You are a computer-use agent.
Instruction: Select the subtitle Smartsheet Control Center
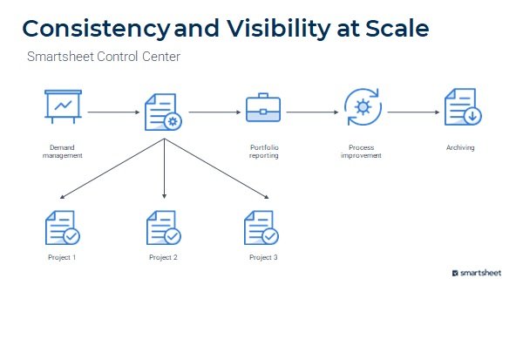(104, 58)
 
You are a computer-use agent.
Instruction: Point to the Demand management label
(62, 152)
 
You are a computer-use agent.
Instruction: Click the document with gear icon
(162, 112)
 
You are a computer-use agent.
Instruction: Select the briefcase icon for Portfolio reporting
(263, 110)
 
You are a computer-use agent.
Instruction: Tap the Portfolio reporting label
(263, 152)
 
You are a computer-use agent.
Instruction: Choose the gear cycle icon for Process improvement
(362, 108)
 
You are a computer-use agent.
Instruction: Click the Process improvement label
(362, 152)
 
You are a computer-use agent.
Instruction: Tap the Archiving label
(460, 148)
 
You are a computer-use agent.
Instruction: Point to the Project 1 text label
(62, 258)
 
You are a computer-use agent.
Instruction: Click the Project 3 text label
(263, 258)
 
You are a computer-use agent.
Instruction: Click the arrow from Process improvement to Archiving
(413, 112)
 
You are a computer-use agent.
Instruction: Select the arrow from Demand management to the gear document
(113, 112)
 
